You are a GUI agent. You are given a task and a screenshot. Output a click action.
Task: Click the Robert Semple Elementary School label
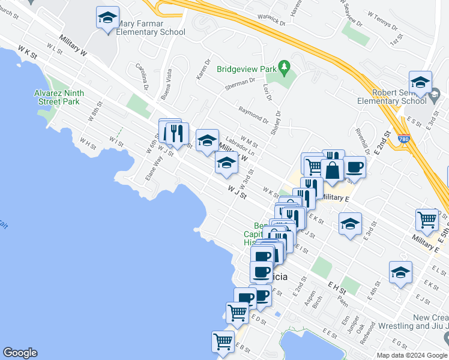[399, 97]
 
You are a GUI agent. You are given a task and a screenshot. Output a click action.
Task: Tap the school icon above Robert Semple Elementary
[420, 83]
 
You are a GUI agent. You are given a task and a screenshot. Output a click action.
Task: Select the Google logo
[20, 353]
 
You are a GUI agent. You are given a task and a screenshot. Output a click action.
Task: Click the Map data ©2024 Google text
[411, 355]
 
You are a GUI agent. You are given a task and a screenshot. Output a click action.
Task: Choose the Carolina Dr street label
[142, 77]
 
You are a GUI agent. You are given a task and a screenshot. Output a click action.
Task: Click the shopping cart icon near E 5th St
[426, 219]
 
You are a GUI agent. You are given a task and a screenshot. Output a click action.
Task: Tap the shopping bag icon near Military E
[332, 169]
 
